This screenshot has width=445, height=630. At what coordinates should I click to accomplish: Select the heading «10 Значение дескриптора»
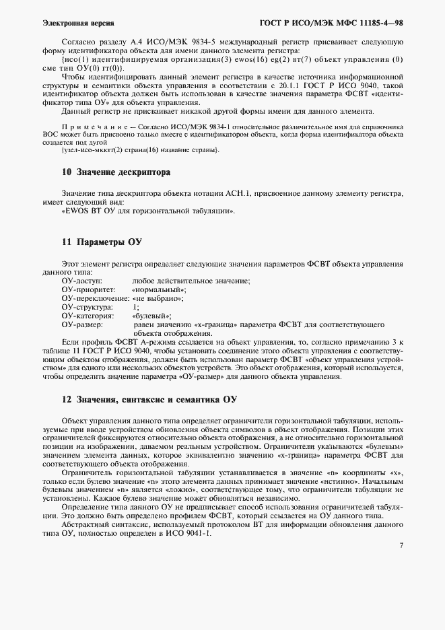(115, 173)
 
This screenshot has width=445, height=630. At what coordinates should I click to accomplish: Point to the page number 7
(401, 545)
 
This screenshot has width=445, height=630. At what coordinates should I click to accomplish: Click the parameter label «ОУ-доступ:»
(81, 281)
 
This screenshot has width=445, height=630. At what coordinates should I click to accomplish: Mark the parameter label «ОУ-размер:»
(81, 324)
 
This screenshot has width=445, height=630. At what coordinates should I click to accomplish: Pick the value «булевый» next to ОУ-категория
(152, 316)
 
